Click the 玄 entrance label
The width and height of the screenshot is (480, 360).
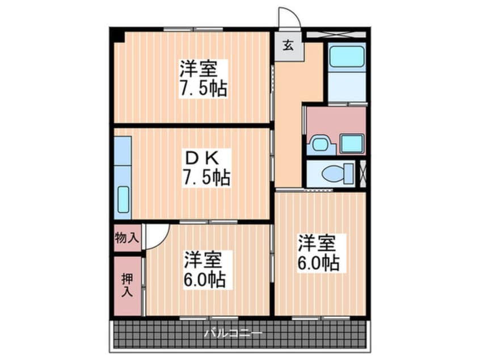[288, 45]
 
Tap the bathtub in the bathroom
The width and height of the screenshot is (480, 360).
[346, 57]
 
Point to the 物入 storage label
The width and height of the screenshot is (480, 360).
[126, 237]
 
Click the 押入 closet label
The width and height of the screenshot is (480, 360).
[127, 286]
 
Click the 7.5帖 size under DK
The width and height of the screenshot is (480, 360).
[206, 178]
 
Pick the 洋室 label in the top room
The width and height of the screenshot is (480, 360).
[198, 69]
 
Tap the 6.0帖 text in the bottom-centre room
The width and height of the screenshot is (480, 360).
[205, 279]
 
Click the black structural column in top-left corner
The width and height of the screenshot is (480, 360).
[118, 35]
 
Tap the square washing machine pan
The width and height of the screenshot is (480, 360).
[352, 144]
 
